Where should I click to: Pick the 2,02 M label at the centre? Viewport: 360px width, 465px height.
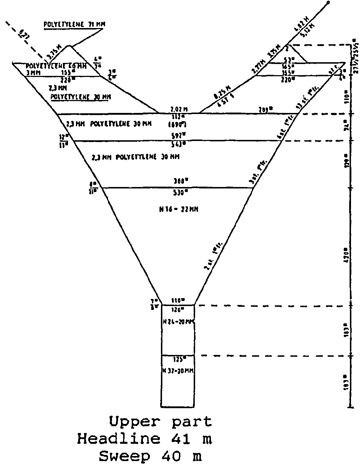tap(179, 109)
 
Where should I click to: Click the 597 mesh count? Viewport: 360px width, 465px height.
tap(179, 136)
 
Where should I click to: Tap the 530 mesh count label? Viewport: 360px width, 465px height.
tap(179, 192)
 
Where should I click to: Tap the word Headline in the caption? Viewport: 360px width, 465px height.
tap(118, 439)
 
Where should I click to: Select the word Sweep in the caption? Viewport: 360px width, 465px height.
tap(125, 456)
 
